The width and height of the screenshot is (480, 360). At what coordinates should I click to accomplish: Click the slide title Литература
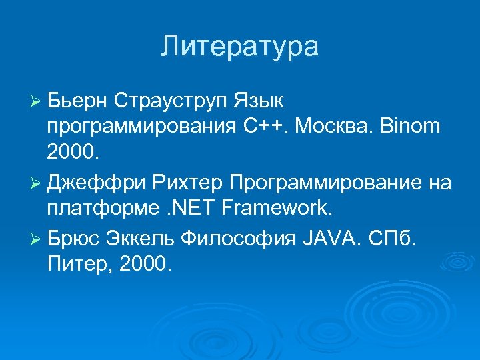tap(240, 47)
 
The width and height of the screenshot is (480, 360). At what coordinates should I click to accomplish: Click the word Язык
tap(259, 101)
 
